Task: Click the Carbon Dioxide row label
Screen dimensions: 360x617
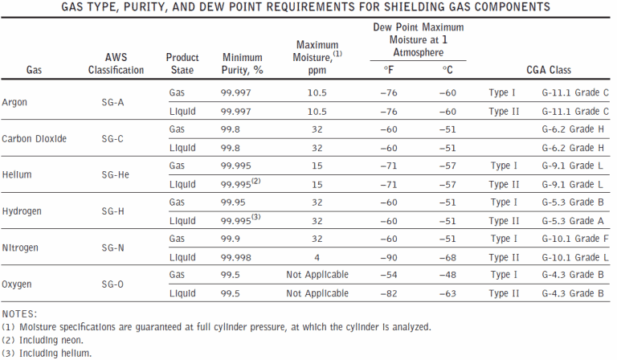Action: coord(34,138)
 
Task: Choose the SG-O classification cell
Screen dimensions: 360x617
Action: coord(112,284)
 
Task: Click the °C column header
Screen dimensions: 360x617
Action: coord(447,71)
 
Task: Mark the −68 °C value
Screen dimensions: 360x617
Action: coord(447,256)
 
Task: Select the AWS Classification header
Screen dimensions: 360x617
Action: coord(116,63)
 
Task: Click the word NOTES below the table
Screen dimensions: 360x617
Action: coord(18,313)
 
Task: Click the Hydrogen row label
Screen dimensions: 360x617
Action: coord(22,211)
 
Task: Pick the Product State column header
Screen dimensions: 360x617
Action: coord(182,63)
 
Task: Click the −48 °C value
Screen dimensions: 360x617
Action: coord(447,275)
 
